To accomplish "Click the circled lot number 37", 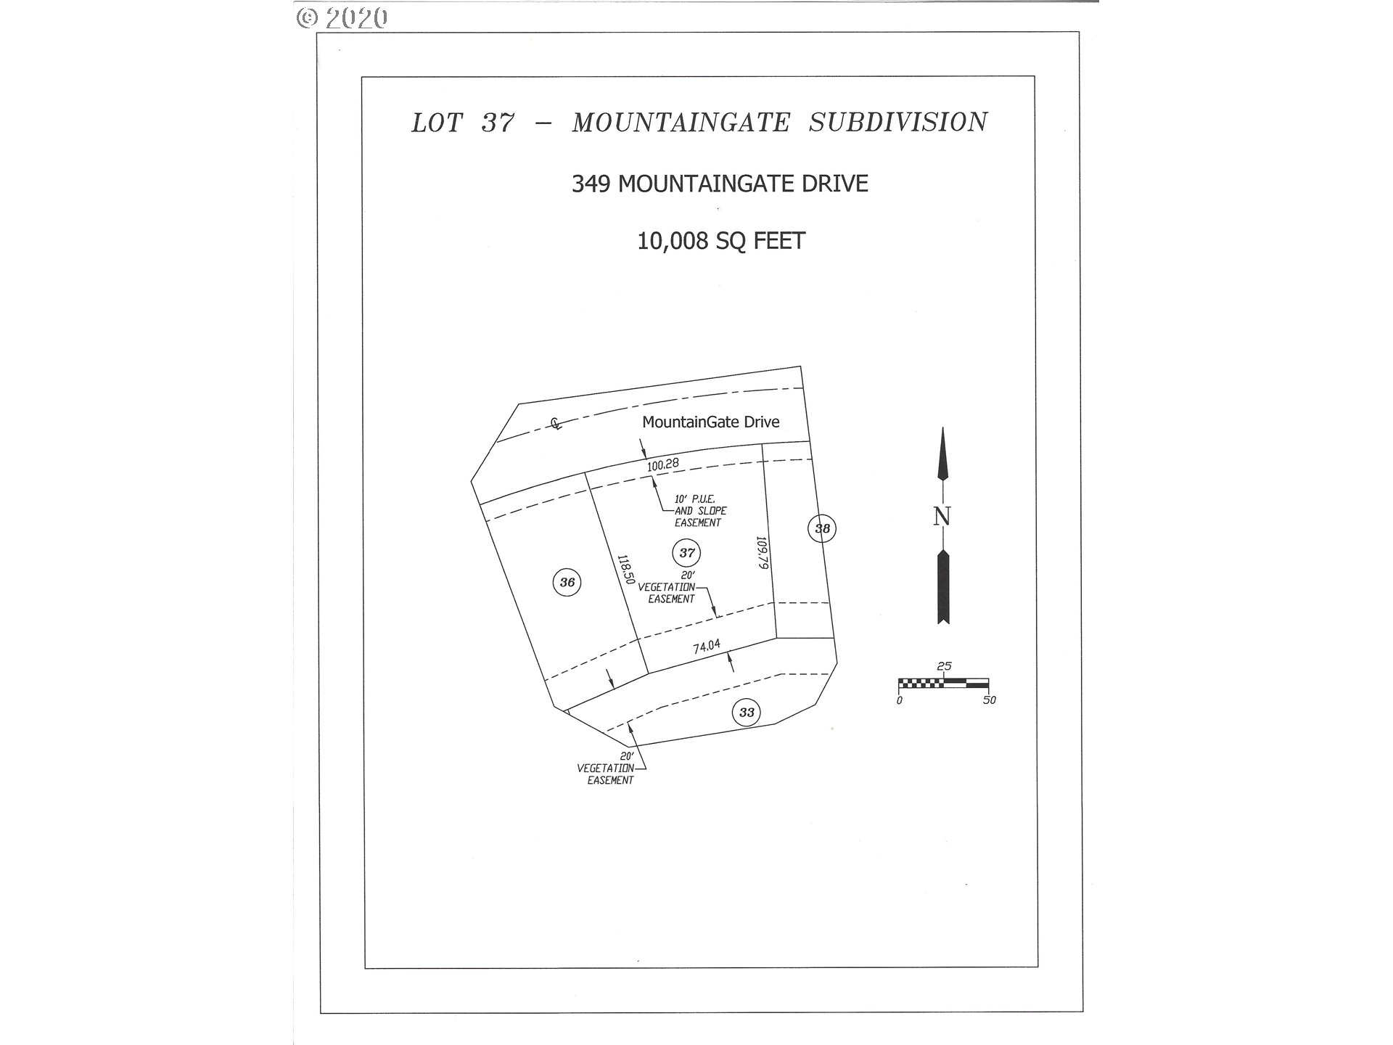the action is click(686, 553).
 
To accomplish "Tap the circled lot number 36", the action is click(567, 582).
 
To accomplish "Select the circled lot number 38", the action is click(821, 528).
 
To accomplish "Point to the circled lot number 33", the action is click(747, 712).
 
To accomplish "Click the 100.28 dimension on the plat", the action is click(662, 465).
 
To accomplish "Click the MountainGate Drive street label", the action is click(711, 422).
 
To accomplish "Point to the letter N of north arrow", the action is click(942, 516).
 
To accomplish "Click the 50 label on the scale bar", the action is click(989, 700).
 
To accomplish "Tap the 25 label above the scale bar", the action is click(944, 666).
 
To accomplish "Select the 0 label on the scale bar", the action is click(900, 700).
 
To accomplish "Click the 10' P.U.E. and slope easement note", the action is click(699, 511).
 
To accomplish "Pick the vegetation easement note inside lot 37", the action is click(667, 588).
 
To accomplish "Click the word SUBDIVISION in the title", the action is click(898, 123).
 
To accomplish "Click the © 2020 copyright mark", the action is click(342, 17).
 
